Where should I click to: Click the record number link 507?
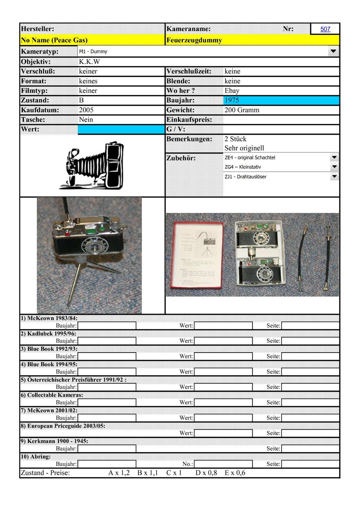pos(325,29)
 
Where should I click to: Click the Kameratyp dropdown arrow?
pos(333,51)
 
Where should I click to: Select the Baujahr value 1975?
pos(232,100)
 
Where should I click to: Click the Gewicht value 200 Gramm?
pos(242,110)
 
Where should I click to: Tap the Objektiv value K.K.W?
pos(89,62)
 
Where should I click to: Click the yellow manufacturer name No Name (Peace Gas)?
pos(54,40)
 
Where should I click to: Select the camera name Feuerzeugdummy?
pos(194,40)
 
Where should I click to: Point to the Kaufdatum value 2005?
pos(86,110)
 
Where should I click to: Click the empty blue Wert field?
pos(121,129)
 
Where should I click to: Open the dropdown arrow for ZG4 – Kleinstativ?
pos(334,167)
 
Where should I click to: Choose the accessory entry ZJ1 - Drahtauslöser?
pos(245,177)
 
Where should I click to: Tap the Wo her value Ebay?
pos(232,91)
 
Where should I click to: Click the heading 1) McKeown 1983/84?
pos(49,318)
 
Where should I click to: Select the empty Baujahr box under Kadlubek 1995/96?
pos(107,341)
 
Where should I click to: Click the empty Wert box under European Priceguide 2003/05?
pos(223,433)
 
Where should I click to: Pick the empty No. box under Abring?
pos(223,464)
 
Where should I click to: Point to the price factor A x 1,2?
pos(119,473)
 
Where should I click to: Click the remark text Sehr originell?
pos(244,148)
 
